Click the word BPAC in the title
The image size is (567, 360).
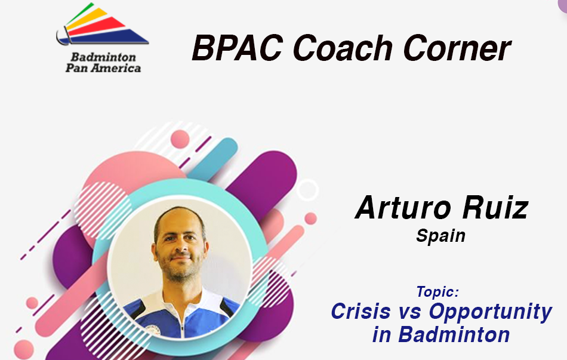pos(237,48)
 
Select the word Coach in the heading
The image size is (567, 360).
pos(343,48)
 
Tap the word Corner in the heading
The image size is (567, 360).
pos(457,48)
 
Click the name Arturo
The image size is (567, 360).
pos(403,207)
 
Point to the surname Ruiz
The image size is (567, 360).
pos(495,207)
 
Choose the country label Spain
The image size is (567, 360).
pos(440,236)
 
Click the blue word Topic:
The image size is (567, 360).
pos(437,291)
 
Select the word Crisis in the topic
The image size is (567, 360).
pos(360,311)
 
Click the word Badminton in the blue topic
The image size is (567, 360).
pos(454,334)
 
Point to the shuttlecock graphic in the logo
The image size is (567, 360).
pos(102,24)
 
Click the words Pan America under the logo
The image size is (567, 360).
pos(103,68)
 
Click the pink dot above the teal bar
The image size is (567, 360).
pos(180,139)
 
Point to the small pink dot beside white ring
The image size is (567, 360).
pos(310,219)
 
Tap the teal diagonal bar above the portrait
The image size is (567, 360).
pos(213,159)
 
